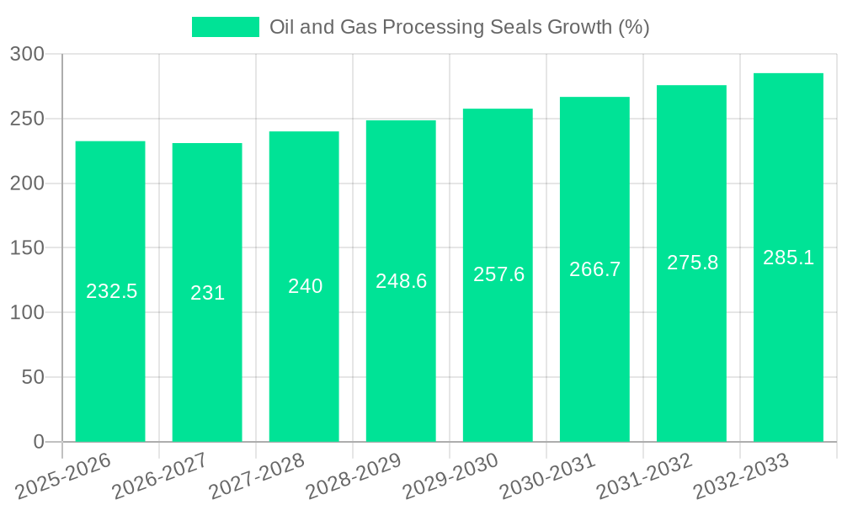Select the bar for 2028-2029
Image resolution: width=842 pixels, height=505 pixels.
click(x=401, y=353)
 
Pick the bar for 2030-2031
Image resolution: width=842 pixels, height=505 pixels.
click(x=594, y=353)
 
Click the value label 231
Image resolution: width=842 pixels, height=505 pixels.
click(x=207, y=293)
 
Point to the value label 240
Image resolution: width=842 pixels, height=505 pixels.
click(x=305, y=286)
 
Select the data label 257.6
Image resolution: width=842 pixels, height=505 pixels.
click(x=498, y=274)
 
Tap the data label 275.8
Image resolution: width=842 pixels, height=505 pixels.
click(x=692, y=263)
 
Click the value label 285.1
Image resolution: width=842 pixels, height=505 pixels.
click(x=788, y=258)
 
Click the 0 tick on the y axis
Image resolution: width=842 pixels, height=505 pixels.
click(x=38, y=442)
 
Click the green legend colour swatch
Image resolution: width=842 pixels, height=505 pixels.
click(x=226, y=27)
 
